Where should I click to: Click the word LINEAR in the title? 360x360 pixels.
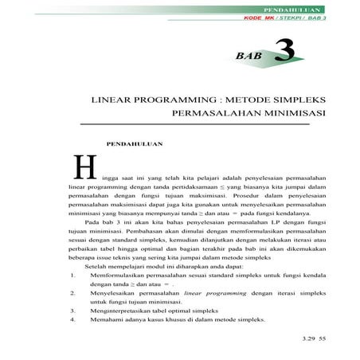point(117,103)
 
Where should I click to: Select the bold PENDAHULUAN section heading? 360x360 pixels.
point(135,144)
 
